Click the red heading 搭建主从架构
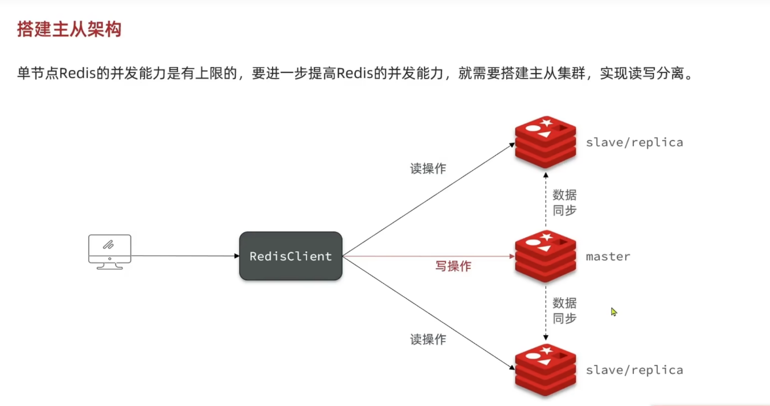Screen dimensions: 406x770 tap(69, 29)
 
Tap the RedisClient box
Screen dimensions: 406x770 tap(290, 256)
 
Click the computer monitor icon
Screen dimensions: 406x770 tap(109, 251)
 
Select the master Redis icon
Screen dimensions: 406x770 tap(545, 256)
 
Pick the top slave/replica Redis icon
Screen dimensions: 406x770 tap(545, 141)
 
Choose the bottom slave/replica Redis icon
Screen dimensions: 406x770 tap(545, 369)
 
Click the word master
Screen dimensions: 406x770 tap(608, 257)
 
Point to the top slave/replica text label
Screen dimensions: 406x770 tap(634, 142)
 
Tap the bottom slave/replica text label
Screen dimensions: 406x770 tap(634, 370)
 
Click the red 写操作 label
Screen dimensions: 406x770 tap(453, 266)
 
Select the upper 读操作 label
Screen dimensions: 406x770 tap(428, 169)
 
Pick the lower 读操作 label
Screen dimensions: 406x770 tap(428, 339)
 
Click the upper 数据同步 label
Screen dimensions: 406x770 tap(565, 202)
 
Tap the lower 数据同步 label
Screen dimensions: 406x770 tap(565, 311)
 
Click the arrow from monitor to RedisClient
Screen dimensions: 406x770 tap(185, 256)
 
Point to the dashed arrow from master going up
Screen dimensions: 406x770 tap(545, 200)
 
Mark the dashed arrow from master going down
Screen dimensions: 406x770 tap(545, 312)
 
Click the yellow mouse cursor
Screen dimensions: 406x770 tap(614, 312)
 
